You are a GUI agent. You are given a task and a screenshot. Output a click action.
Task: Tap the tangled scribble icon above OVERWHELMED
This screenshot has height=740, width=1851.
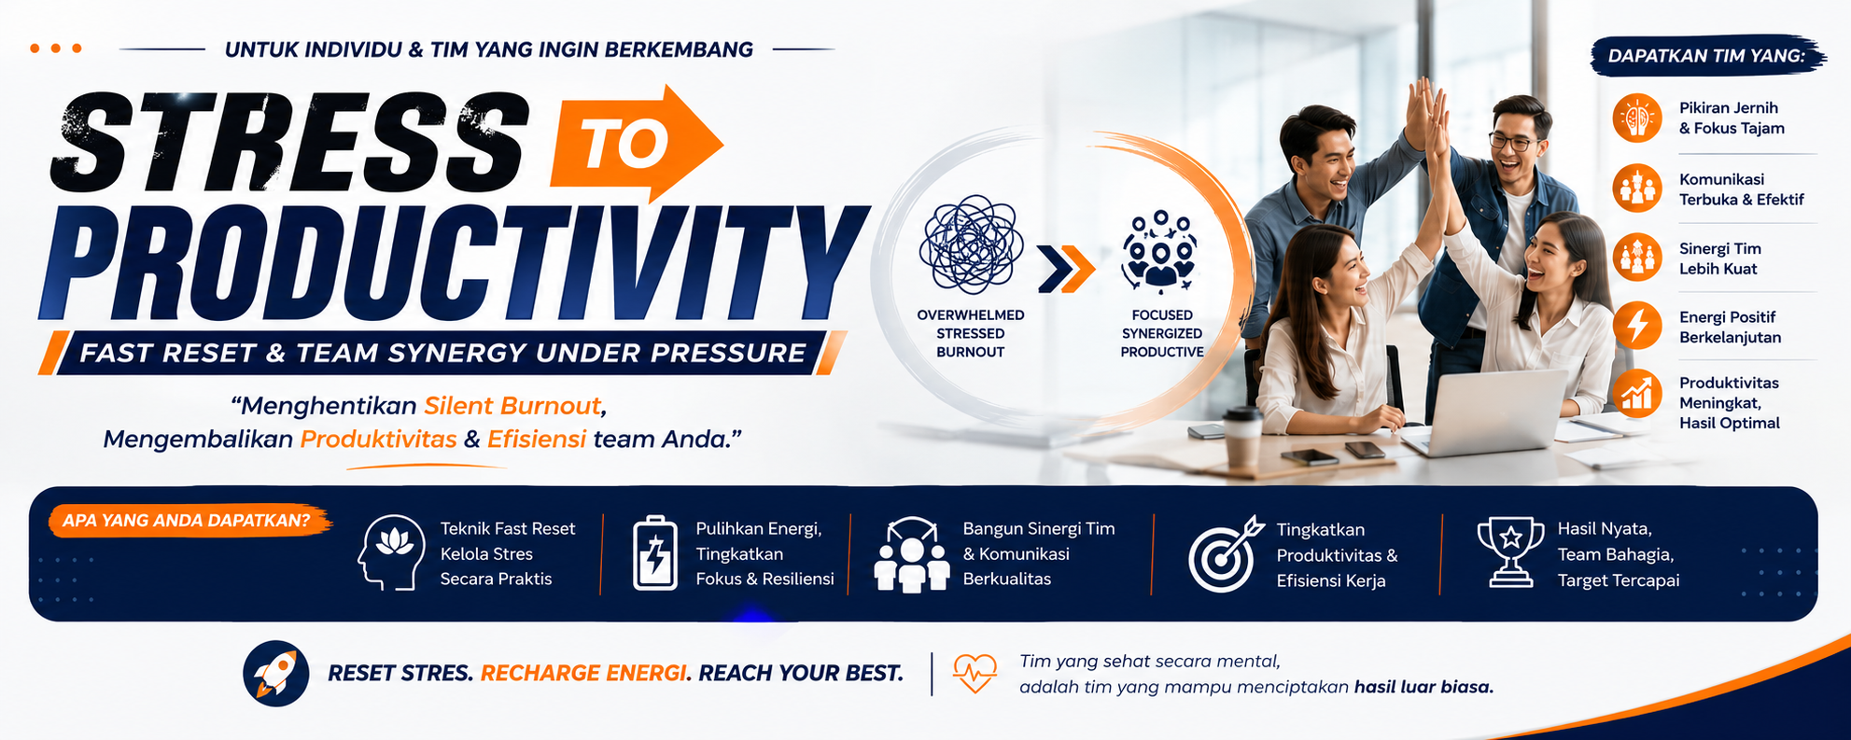click(x=971, y=244)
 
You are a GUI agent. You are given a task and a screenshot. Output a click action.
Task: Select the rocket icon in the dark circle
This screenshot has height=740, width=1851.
click(x=276, y=673)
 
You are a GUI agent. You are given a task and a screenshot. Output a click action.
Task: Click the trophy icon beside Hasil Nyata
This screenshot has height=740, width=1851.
click(x=1510, y=552)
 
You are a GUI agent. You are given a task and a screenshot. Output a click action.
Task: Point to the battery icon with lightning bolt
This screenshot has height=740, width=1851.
click(x=655, y=552)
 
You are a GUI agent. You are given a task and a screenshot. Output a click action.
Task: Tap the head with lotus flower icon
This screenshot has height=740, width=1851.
click(x=391, y=552)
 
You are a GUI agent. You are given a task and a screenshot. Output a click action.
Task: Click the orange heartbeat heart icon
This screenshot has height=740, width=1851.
click(x=975, y=673)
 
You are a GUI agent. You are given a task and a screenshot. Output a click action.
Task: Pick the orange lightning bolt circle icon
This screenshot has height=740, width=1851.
click(x=1637, y=326)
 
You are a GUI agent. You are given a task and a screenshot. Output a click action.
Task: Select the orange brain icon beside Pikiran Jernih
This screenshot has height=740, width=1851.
click(x=1637, y=118)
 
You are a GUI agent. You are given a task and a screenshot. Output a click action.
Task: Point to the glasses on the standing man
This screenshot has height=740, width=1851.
click(x=1513, y=143)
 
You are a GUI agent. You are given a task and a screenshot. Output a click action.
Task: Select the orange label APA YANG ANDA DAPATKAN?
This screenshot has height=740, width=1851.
click(x=189, y=521)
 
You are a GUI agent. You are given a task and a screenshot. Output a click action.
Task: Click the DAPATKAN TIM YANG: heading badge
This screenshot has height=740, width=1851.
click(x=1707, y=56)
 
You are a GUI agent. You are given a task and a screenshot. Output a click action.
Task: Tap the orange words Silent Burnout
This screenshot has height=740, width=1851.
click(x=512, y=406)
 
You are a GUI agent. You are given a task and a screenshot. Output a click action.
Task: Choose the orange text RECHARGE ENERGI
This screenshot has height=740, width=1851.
click(x=583, y=673)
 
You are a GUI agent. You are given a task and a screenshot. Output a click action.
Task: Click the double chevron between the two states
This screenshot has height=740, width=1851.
click(x=1067, y=270)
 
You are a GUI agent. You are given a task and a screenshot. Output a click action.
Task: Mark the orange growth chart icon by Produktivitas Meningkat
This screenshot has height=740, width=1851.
click(x=1637, y=393)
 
